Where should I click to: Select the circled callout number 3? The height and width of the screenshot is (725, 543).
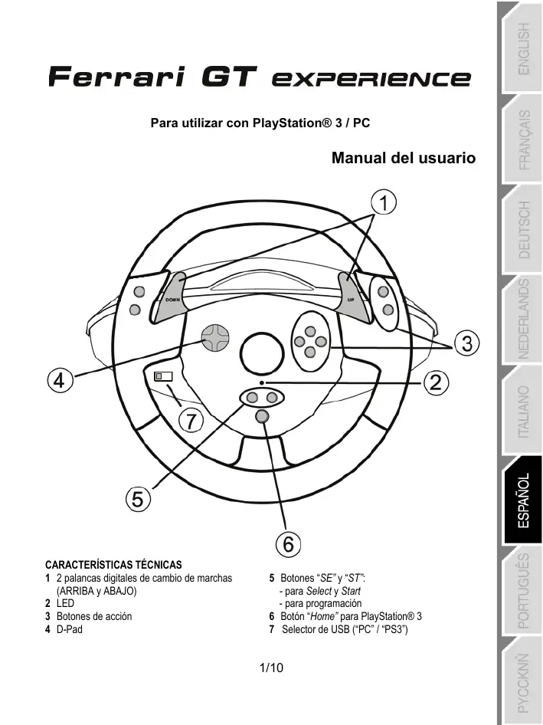pos(466,344)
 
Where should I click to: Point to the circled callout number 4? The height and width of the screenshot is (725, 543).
pos(58,379)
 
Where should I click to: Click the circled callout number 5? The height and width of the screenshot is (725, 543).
pos(137,498)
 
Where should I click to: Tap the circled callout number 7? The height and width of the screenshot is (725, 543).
pos(192,420)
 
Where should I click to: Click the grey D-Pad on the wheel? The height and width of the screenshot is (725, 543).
pos(216,336)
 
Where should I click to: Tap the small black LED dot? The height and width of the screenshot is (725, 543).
pos(262,382)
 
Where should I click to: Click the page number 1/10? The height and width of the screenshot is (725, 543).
pos(272,668)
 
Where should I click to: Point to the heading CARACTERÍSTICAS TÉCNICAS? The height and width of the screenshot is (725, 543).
pos(113,564)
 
